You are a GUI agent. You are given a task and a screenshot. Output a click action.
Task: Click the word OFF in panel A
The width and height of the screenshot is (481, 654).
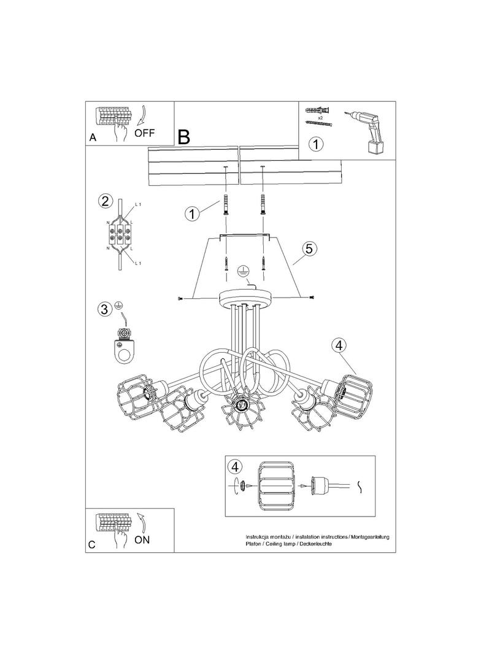coord(144,133)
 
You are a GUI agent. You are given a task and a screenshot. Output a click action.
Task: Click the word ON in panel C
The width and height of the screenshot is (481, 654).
coord(142,540)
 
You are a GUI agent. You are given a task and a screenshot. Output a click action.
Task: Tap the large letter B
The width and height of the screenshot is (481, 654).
coord(183,136)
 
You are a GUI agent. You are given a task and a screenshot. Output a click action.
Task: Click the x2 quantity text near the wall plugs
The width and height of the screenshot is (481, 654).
coord(320,118)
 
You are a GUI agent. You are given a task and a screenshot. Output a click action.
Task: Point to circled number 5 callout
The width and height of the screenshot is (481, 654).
coord(309,248)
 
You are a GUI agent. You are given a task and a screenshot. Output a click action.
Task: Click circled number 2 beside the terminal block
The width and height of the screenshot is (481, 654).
coord(105,201)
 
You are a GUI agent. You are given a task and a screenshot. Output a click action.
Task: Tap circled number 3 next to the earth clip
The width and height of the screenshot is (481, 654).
coord(105,309)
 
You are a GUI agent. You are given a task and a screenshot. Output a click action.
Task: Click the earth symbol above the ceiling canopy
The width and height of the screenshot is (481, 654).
coord(241,271)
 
